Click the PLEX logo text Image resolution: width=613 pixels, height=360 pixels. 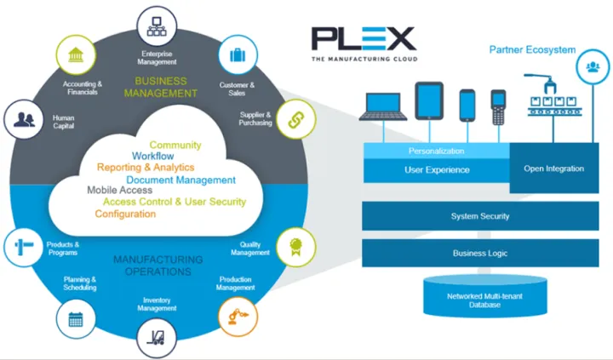click(363, 38)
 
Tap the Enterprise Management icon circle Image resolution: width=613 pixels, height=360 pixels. click(156, 24)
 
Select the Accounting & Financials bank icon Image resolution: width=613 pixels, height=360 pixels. click(75, 55)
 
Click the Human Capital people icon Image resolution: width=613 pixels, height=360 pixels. click(23, 118)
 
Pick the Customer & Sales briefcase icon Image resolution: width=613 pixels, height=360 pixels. click(237, 55)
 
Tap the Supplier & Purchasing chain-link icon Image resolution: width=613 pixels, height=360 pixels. click(288, 117)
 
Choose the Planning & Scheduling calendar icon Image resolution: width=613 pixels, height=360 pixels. click(75, 320)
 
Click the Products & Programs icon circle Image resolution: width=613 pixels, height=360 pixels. click(22, 248)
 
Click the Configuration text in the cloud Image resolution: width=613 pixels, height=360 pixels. click(125, 214)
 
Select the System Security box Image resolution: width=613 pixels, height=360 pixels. click(479, 216)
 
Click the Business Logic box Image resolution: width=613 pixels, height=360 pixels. click(479, 253)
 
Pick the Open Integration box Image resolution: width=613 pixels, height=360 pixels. click(553, 169)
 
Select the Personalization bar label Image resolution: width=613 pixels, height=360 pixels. click(436, 151)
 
